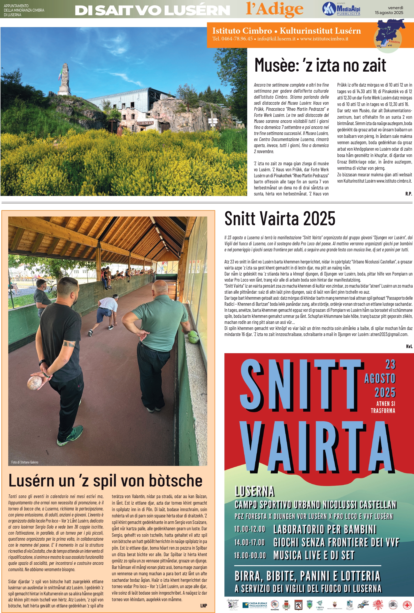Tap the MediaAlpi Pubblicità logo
341,9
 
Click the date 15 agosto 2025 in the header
389,13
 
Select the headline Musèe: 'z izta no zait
320,65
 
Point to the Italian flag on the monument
61,74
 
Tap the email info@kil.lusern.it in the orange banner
276,39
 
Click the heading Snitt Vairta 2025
280,218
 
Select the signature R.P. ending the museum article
408,194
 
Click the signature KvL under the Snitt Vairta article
409,346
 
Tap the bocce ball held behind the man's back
35,382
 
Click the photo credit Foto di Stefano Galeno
25,462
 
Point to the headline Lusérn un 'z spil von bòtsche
105,481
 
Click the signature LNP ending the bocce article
204,606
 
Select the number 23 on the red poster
390,365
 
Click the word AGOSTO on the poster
380,379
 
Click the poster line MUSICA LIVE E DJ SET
314,555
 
